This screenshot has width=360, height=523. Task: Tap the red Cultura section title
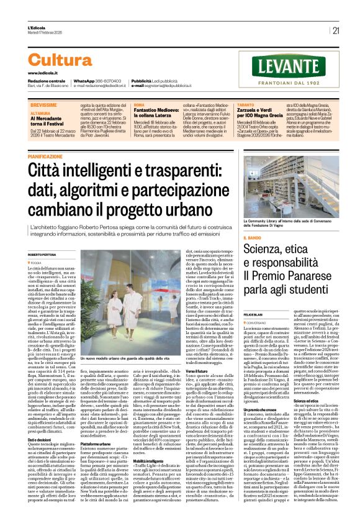60,60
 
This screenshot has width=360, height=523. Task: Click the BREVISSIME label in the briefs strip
42,106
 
